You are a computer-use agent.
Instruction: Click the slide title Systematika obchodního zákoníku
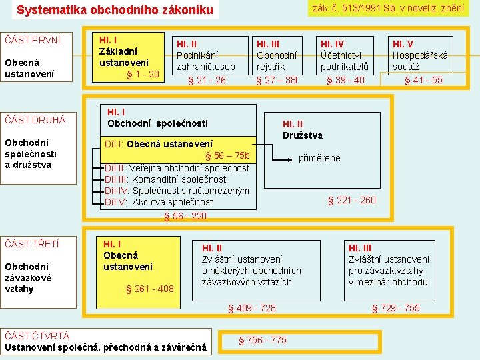[x=115, y=10]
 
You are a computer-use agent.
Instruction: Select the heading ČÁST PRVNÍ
[x=33, y=40]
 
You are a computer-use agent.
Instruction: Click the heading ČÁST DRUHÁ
[x=35, y=120]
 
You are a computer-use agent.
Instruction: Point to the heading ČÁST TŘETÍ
[x=32, y=244]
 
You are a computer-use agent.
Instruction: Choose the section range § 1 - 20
[x=143, y=73]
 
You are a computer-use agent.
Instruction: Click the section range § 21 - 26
[x=207, y=81]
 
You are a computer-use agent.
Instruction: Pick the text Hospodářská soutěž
[x=420, y=61]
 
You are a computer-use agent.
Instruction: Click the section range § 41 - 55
[x=423, y=81]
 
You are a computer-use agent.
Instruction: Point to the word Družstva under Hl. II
[x=303, y=135]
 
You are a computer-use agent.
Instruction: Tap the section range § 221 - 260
[x=351, y=200]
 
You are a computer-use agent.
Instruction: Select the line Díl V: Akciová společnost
[x=159, y=202]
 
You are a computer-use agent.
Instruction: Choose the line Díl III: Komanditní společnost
[x=165, y=179]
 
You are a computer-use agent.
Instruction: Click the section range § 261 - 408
[x=149, y=289]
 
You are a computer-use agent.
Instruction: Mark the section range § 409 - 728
[x=251, y=308]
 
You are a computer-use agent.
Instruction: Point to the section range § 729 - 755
[x=395, y=308]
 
